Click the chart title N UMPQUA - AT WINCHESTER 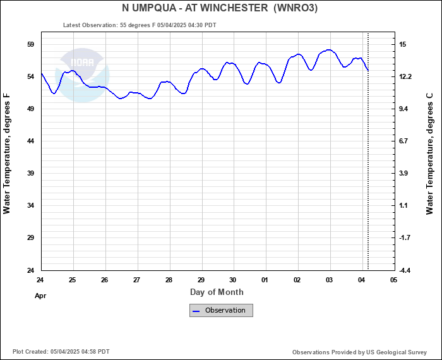coord(220,8)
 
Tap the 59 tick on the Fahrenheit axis coord(30,44)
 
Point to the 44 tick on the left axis coord(30,141)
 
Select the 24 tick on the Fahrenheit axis coord(30,270)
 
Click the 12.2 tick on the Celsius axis coord(405,76)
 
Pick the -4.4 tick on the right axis coord(405,270)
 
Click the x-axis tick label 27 coord(136,280)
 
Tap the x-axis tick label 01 coord(265,280)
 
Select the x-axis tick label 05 coord(393,280)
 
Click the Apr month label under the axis coord(40,295)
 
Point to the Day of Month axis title coord(217,292)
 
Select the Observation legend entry coord(221,310)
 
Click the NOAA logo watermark coord(82,69)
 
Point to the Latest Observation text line coord(140,25)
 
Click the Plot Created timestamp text coord(61,351)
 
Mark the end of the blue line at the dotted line coord(367,69)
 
